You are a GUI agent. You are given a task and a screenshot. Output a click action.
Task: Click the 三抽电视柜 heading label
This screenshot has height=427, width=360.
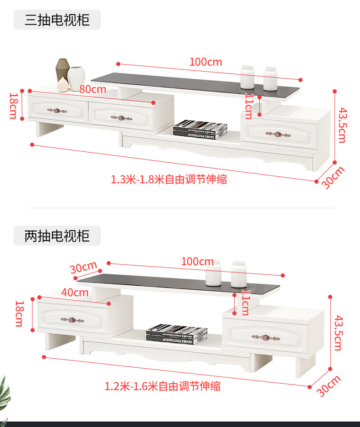57,20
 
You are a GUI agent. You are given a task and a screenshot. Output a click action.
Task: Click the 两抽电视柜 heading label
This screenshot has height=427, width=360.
57,236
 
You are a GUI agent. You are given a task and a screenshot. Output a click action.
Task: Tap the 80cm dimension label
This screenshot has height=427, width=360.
93,89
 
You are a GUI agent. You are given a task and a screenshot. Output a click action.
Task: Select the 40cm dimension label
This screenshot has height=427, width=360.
75,293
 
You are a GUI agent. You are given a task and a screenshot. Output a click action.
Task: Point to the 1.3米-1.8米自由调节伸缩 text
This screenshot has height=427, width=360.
169,180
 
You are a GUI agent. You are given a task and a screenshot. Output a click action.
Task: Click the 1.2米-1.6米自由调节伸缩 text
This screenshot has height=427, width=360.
163,386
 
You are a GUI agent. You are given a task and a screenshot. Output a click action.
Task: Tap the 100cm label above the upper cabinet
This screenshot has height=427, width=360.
206,62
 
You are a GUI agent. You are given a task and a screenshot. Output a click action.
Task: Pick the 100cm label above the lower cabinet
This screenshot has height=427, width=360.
197,262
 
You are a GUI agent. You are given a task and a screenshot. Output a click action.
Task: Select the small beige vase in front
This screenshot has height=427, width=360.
63,84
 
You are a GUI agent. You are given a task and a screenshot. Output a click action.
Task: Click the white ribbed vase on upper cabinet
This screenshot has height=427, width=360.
77,78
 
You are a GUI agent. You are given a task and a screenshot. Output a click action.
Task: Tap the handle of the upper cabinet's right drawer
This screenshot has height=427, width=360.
278,134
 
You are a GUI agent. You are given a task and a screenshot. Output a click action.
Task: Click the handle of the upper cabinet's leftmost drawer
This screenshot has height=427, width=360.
57,111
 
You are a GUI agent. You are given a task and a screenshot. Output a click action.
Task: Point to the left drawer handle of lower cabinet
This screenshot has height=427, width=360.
72,320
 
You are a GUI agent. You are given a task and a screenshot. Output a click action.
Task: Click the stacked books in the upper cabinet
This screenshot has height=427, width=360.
200,129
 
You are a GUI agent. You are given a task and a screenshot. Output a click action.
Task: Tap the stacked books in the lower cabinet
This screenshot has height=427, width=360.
177,334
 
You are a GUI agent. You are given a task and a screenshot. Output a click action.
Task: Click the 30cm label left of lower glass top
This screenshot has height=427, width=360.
83,267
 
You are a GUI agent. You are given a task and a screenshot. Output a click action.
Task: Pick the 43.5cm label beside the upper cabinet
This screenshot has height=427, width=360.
343,125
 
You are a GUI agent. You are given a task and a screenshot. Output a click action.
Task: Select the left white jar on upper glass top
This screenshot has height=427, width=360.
247,77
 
